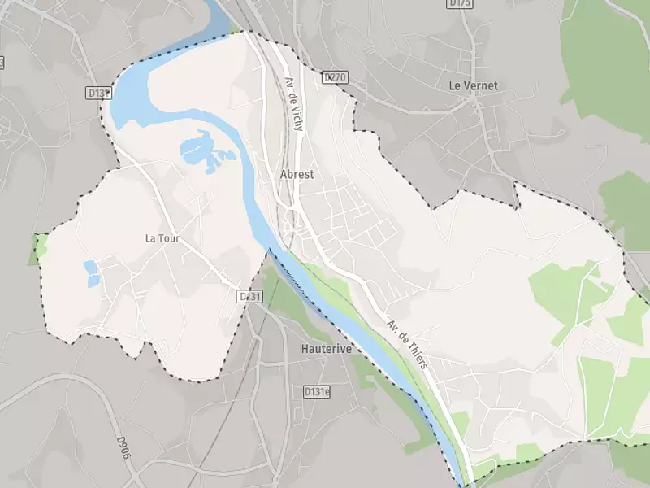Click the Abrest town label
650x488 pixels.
(297, 174)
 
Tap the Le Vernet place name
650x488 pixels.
(473, 85)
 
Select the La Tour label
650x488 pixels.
(162, 238)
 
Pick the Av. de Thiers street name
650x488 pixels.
(407, 342)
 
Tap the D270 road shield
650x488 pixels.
(334, 77)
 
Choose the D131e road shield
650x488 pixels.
(317, 392)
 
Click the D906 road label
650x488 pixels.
(123, 450)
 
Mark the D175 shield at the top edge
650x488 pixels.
(460, 4)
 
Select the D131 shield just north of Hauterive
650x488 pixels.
(250, 297)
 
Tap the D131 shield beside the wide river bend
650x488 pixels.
(98, 94)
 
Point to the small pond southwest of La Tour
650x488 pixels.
(92, 273)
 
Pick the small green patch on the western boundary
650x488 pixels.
(37, 248)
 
